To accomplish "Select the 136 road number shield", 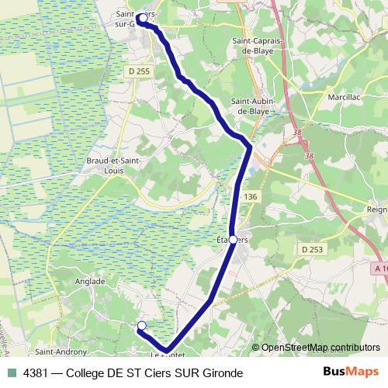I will tap(250, 198).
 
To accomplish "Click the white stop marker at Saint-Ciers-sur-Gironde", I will tap(143, 17).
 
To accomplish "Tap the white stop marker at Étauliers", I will tap(233, 241).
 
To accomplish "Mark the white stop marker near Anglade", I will tap(141, 325).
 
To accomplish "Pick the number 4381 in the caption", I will tap(36, 372).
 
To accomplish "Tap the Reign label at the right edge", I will tap(376, 210).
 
